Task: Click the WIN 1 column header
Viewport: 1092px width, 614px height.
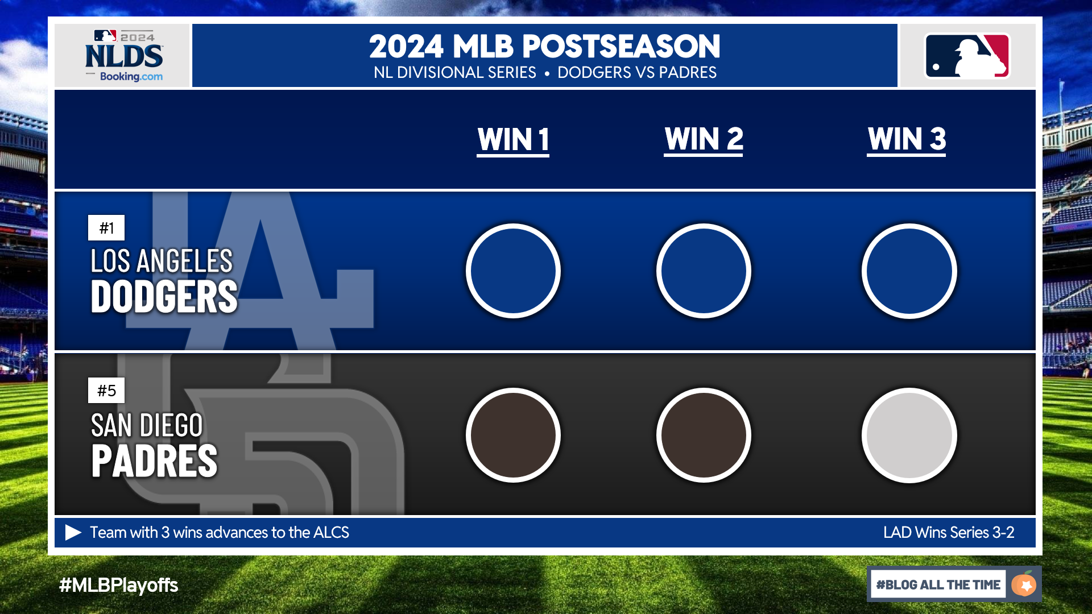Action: pyautogui.click(x=513, y=140)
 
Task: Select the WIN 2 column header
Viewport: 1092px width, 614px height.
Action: pyautogui.click(x=704, y=139)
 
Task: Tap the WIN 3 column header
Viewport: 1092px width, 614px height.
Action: pyautogui.click(x=907, y=139)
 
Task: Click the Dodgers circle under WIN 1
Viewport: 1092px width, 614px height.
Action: pyautogui.click(x=513, y=271)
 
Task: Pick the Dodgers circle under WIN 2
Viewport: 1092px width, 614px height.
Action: pyautogui.click(x=704, y=271)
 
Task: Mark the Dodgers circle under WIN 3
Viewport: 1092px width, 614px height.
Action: pyautogui.click(x=909, y=271)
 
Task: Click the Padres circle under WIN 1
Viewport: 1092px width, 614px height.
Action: pyautogui.click(x=513, y=435)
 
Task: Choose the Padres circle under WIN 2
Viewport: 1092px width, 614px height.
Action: pyautogui.click(x=704, y=435)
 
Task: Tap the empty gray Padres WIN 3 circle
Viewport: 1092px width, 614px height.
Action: pyautogui.click(x=909, y=435)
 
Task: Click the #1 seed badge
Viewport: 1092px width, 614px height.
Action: pyautogui.click(x=106, y=228)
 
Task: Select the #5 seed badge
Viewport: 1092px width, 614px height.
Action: pyautogui.click(x=106, y=391)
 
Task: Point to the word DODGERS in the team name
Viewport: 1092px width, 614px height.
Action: pyautogui.click(x=164, y=297)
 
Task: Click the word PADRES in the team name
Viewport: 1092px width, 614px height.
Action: pyautogui.click(x=154, y=461)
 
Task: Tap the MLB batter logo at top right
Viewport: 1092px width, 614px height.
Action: pyautogui.click(x=967, y=56)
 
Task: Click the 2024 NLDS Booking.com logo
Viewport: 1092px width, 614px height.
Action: pyautogui.click(x=124, y=56)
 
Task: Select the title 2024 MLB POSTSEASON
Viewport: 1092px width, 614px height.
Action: pyautogui.click(x=544, y=47)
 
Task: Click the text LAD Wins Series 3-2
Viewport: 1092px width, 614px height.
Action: pyautogui.click(x=949, y=533)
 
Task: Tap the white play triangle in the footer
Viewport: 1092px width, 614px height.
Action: pyautogui.click(x=72, y=532)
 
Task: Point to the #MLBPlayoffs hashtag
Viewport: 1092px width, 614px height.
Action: pyautogui.click(x=118, y=585)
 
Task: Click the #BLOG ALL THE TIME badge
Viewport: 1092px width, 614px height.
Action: pyautogui.click(x=954, y=584)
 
